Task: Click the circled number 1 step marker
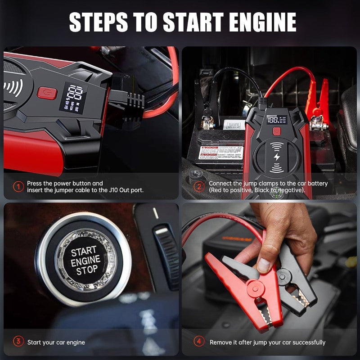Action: point(18,186)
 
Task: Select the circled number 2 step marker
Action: point(198,186)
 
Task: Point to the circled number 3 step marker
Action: point(18,342)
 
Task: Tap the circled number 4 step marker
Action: point(198,342)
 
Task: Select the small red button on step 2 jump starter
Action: point(275,131)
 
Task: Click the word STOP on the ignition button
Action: point(86,271)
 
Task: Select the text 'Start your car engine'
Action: point(56,342)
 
